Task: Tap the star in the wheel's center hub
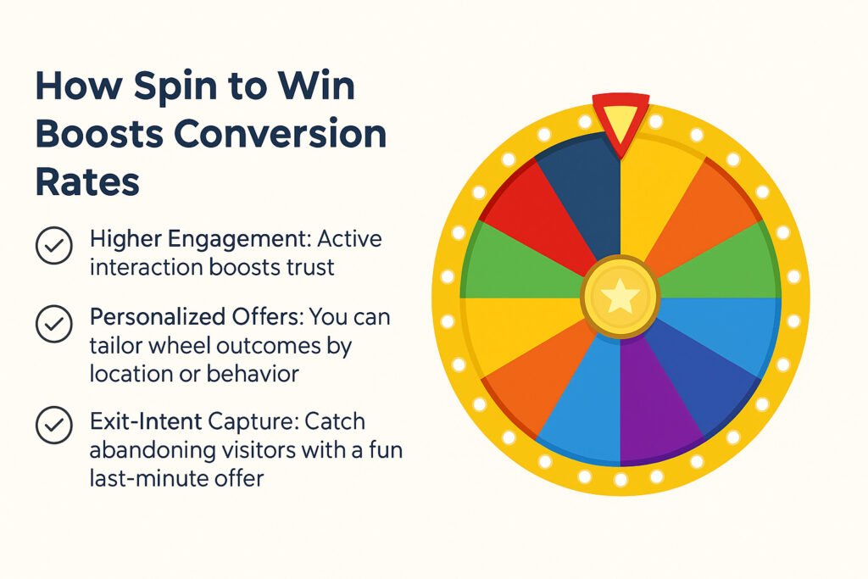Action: point(620,296)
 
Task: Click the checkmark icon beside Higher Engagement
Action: point(53,245)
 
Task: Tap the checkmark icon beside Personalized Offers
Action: point(53,323)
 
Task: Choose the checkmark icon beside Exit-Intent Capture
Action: point(53,425)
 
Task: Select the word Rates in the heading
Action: point(87,181)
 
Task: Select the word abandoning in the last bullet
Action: point(153,450)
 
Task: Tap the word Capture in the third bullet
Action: point(252,423)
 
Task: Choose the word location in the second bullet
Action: point(131,374)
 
